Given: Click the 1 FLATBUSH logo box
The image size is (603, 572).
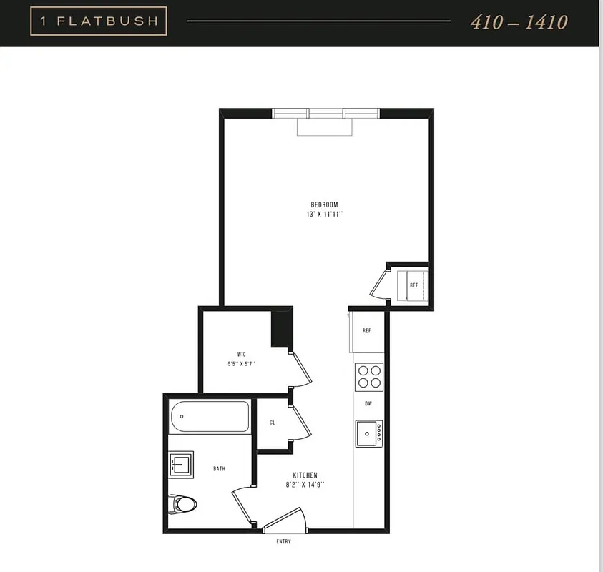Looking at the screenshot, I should click(x=99, y=21).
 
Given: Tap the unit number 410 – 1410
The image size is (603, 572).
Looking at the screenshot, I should click(x=519, y=21).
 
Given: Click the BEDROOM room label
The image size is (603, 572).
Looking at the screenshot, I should click(x=323, y=204).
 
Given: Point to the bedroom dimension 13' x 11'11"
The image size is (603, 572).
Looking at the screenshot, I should click(x=323, y=214).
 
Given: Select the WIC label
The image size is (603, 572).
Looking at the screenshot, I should click(x=242, y=354).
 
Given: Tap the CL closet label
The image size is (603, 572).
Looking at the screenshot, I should click(x=272, y=423).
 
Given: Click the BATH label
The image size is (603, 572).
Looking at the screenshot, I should click(x=219, y=469).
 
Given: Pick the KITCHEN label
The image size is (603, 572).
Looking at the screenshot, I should click(x=305, y=475).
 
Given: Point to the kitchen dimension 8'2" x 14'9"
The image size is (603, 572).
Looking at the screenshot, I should click(x=305, y=485).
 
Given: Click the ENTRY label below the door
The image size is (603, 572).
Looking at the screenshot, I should click(x=283, y=541).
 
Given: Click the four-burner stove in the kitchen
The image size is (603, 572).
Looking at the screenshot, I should click(x=369, y=376).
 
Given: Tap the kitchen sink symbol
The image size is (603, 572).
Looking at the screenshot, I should click(x=369, y=433).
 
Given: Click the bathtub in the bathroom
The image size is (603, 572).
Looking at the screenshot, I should click(x=209, y=415).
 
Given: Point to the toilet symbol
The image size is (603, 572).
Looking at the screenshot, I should click(x=182, y=505).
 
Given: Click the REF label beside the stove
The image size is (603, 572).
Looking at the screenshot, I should click(x=366, y=331).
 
